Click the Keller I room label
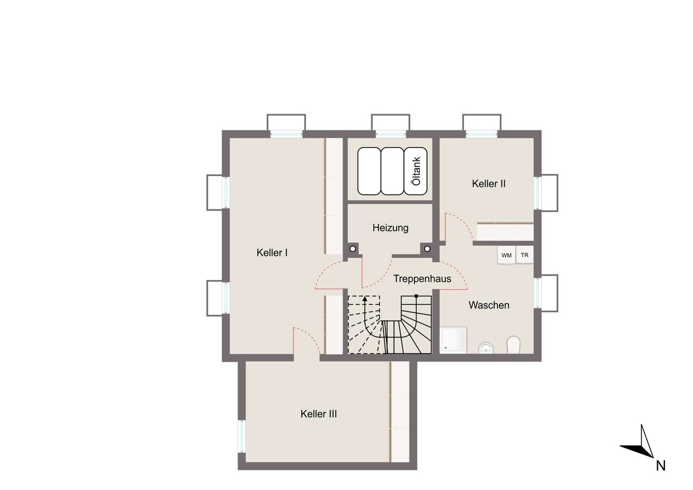point(272,253)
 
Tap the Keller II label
point(489,184)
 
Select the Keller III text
point(319,414)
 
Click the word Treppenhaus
point(423,279)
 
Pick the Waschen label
point(489,305)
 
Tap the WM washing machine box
point(506,255)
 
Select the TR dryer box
point(525,255)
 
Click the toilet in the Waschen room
point(513,345)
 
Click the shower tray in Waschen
point(453,340)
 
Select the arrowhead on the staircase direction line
point(365,299)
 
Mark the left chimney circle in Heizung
point(353,249)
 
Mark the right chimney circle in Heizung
point(427,249)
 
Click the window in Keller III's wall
point(242,436)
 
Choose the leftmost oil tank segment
point(370,171)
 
